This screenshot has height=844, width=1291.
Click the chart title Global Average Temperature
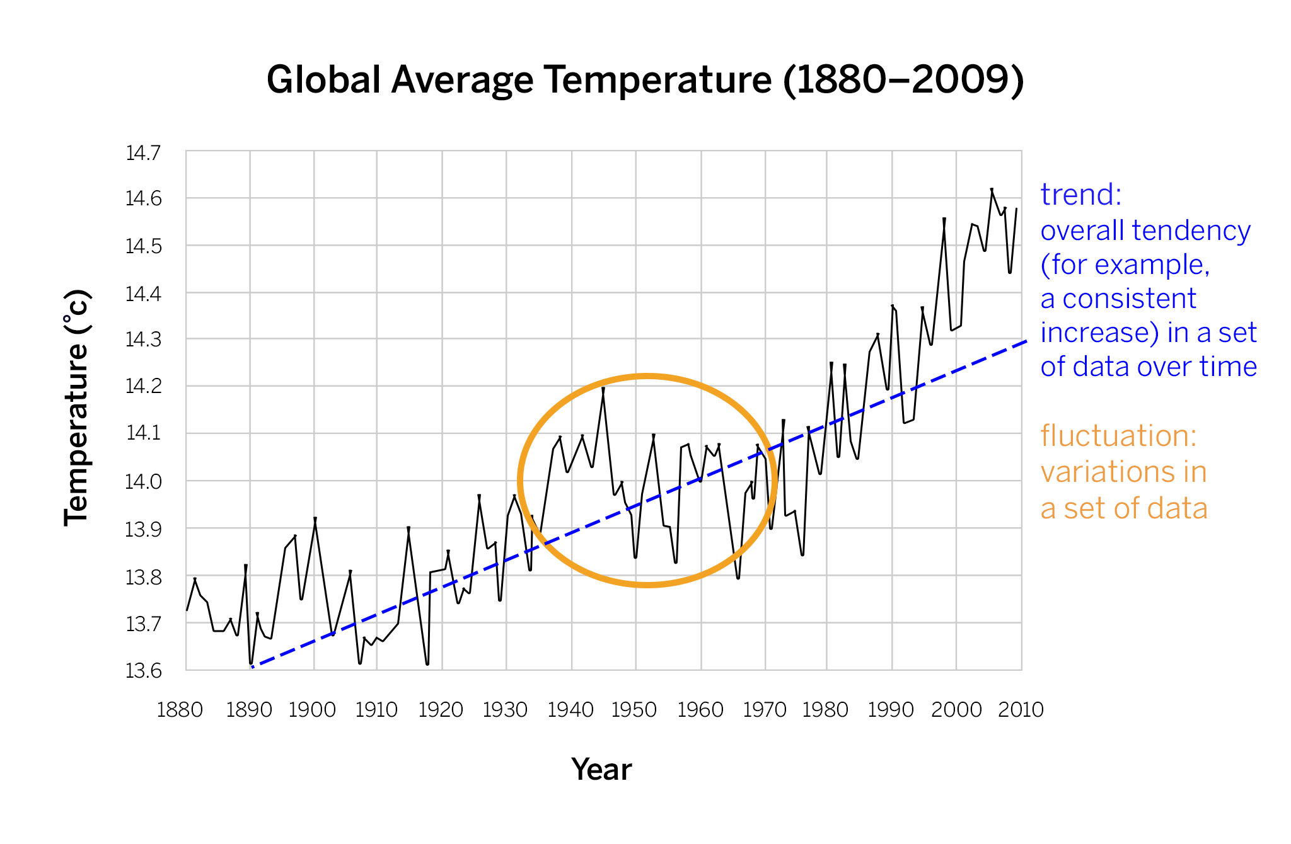tap(645, 80)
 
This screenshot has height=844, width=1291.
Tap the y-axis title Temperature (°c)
tap(78, 408)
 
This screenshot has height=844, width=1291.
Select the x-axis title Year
tap(601, 770)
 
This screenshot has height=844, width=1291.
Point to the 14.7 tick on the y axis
tap(144, 153)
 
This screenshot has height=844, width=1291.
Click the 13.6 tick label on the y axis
tap(144, 671)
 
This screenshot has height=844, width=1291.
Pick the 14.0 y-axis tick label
tap(144, 482)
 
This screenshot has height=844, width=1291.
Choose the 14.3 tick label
tap(144, 340)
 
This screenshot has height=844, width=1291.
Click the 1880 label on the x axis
tap(180, 710)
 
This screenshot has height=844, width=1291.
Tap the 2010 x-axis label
tap(1021, 710)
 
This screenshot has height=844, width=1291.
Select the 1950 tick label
tap(634, 710)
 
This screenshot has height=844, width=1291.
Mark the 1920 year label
tap(441, 710)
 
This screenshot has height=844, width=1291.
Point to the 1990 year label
tap(891, 710)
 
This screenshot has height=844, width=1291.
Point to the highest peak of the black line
tap(992, 189)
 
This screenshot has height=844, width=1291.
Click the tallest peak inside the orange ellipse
tap(603, 388)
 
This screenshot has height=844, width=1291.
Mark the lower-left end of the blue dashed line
tap(252, 666)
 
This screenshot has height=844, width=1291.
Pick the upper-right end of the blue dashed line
tap(1026, 341)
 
